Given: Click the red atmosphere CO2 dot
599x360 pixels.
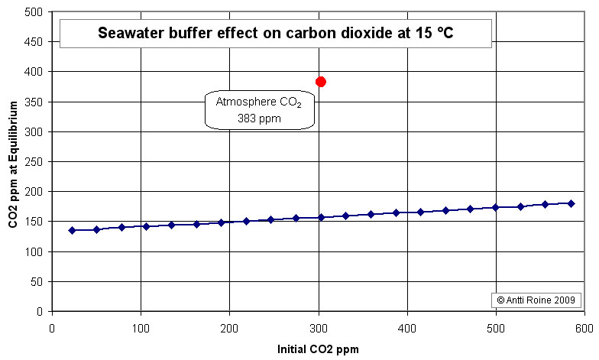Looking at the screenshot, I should [x=321, y=82].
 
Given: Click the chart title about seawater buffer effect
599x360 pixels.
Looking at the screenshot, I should [x=276, y=33].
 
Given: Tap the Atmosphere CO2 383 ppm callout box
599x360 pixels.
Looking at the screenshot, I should [x=261, y=110].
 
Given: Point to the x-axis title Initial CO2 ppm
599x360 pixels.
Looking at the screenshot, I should [x=318, y=349].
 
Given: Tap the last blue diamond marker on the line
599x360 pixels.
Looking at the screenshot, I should [x=571, y=203].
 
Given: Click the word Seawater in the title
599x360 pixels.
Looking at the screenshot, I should [x=131, y=33].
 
